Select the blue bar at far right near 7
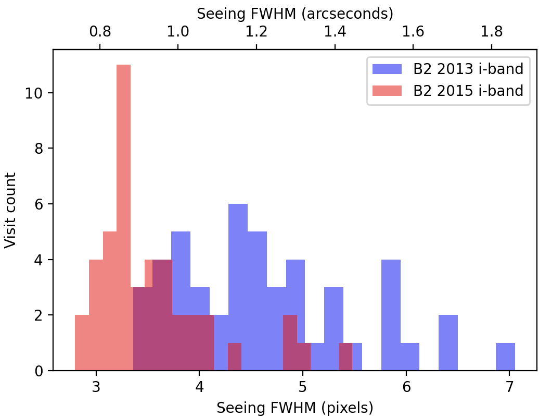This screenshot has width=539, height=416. [505, 357]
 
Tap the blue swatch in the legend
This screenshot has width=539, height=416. [388, 68]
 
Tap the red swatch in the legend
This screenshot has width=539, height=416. [388, 91]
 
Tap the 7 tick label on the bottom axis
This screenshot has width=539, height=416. [509, 387]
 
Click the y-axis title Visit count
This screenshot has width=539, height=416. [10, 211]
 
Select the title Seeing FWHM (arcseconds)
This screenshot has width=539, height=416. [294, 14]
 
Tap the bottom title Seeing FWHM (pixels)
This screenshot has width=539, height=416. [294, 408]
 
